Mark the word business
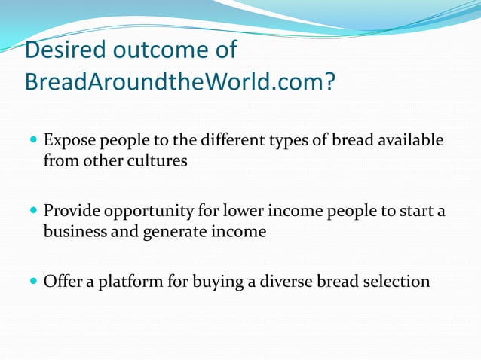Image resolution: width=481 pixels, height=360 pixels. [75, 231]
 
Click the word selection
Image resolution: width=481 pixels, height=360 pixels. [394, 282]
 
